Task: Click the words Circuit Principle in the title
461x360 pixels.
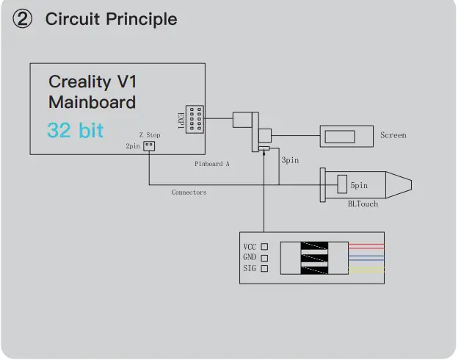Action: pos(111,19)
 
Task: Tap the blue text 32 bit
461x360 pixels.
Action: pos(75,131)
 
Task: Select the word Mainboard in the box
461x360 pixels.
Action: pos(92,102)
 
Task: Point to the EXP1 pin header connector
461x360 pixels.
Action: pos(195,118)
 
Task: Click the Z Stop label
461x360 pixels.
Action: pos(149,135)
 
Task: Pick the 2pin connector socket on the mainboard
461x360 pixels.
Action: pos(149,145)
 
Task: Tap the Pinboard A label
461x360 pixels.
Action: pos(212,164)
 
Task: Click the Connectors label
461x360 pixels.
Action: pos(189,192)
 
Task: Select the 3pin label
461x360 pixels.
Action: pos(290,159)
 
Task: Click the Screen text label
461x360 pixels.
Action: pos(393,135)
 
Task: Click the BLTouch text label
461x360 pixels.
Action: pos(363,204)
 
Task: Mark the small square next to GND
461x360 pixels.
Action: pos(264,258)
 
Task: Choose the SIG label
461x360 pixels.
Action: pos(250,269)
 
